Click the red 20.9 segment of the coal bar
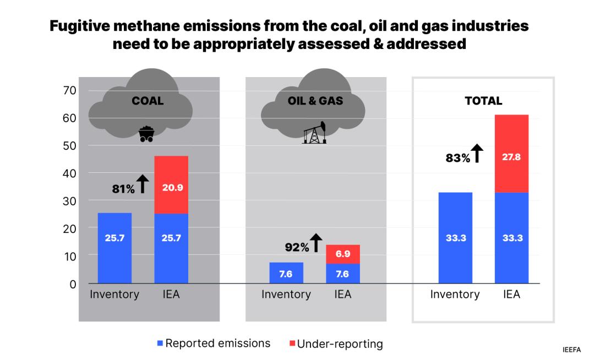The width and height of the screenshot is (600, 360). point(171,185)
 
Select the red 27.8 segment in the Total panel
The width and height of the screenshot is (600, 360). point(511,154)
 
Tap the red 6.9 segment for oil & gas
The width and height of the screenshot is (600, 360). point(343,254)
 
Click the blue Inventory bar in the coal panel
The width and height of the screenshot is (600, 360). point(114,248)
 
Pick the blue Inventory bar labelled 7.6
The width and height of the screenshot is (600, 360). point(286,273)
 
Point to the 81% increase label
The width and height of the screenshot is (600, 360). point(123,189)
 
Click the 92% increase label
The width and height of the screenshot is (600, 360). point(297,247)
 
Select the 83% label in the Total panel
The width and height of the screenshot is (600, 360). point(457,158)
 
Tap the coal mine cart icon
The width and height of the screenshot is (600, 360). point(145,134)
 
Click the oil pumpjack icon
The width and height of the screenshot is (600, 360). point(314,133)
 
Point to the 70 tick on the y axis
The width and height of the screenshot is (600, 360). point(69,90)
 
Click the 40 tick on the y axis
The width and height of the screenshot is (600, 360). point(69,173)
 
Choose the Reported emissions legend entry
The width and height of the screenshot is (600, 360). point(214,343)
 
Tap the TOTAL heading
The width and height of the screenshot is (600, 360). point(483,101)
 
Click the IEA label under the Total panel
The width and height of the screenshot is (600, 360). point(511,294)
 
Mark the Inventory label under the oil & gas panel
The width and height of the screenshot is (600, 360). point(286,294)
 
